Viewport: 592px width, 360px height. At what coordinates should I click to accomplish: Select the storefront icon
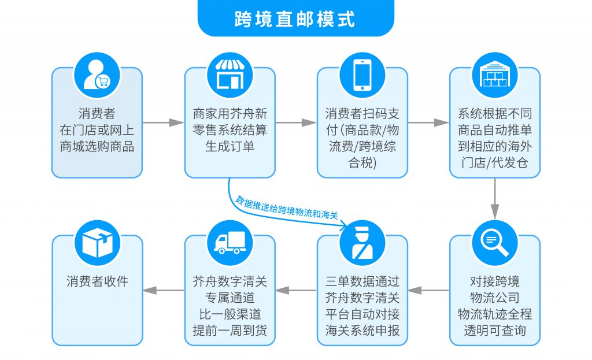click(x=230, y=75)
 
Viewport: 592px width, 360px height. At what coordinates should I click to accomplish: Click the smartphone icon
click(x=362, y=75)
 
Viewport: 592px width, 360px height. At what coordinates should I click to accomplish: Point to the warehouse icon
click(x=494, y=75)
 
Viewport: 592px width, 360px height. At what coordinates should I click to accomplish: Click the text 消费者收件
click(x=97, y=282)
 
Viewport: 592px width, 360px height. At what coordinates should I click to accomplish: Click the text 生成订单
click(x=230, y=146)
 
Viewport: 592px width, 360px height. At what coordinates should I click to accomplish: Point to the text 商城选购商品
click(x=97, y=146)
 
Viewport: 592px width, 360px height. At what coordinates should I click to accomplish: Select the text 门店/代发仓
click(x=494, y=163)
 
